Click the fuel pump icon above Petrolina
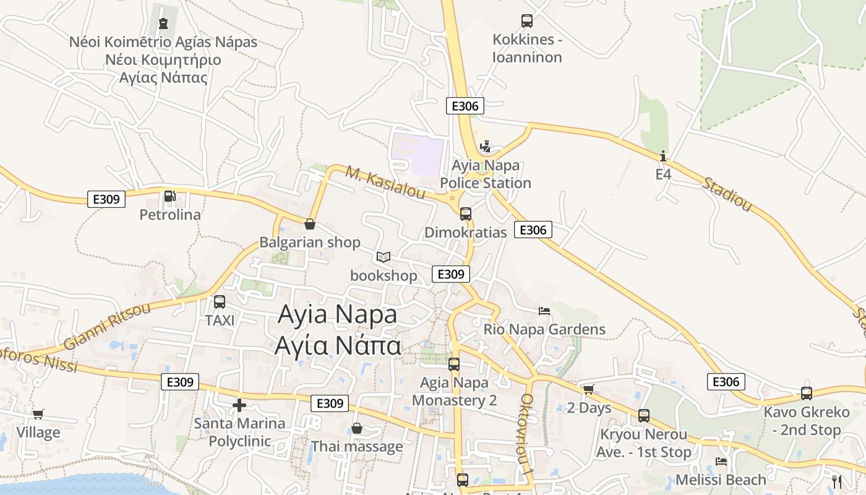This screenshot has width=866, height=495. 169,197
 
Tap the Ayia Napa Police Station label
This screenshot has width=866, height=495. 486,174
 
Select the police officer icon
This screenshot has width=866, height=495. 486,147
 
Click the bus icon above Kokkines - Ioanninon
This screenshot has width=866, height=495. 527,21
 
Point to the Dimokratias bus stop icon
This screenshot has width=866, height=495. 466,214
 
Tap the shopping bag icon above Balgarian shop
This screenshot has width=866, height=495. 310,224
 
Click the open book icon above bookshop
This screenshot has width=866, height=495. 384,257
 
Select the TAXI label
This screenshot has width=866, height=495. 220,321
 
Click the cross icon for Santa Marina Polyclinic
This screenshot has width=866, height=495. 239,406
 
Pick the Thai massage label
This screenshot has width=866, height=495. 357,446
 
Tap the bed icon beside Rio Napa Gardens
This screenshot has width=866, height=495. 544,311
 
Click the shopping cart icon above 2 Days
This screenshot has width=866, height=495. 588,389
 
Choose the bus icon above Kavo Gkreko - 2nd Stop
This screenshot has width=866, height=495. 807,394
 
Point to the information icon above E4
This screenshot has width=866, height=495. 663,156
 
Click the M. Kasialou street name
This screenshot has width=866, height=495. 385,183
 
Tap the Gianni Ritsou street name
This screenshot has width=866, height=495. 107,326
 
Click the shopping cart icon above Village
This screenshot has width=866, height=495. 38,414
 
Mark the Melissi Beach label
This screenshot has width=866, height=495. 721,480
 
